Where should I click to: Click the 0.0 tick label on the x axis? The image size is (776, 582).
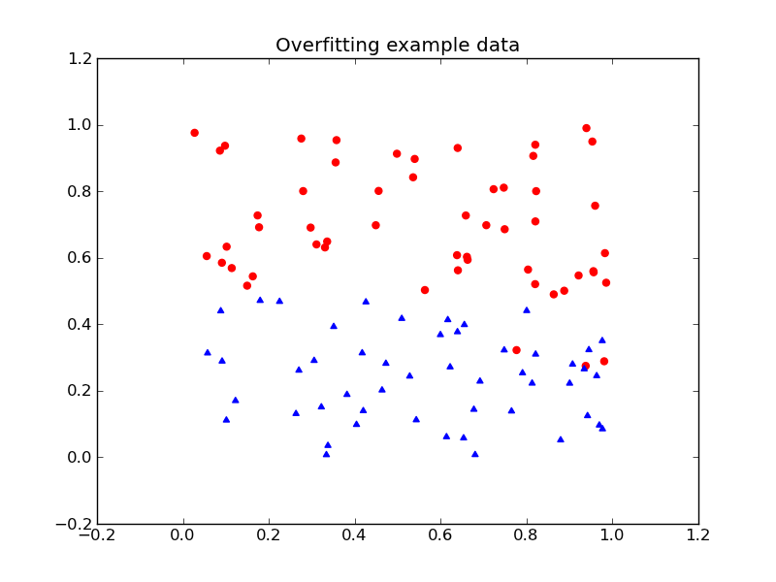click(183, 534)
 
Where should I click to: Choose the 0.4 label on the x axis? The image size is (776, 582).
click(355, 534)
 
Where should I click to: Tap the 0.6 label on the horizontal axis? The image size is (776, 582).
click(440, 534)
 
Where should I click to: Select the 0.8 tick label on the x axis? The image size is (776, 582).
click(527, 534)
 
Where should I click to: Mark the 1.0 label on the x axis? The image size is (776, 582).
click(612, 534)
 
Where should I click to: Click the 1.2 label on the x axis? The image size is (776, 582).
click(698, 534)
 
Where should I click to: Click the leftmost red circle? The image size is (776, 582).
click(194, 133)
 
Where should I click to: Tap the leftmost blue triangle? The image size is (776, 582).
click(207, 352)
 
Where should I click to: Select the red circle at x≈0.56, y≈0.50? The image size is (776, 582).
click(424, 290)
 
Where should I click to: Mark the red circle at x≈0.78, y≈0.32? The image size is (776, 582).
click(516, 350)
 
